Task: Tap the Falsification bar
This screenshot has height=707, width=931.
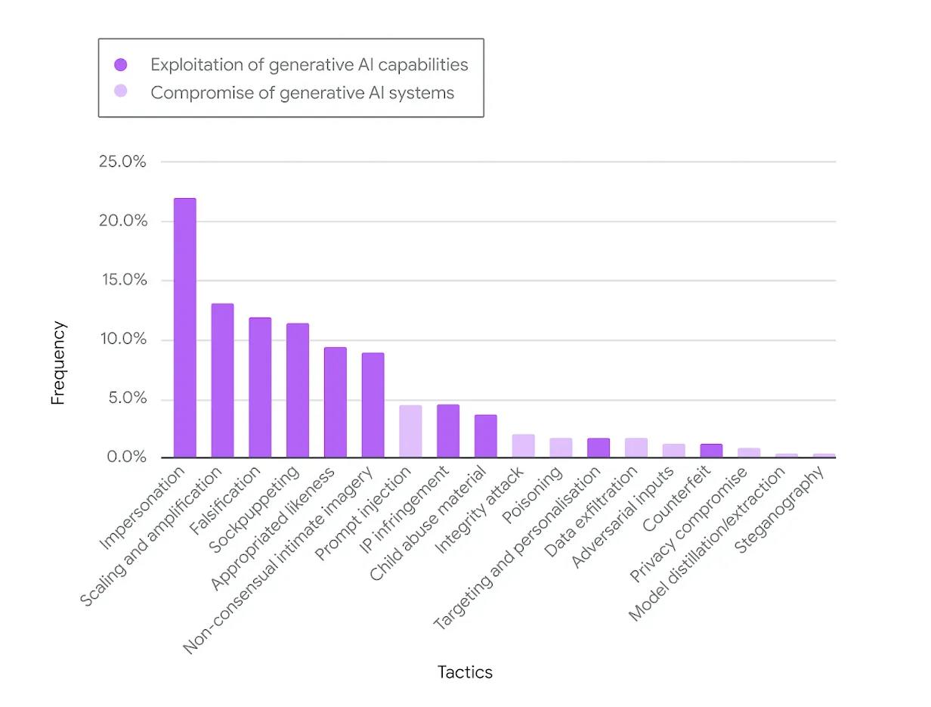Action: point(260,387)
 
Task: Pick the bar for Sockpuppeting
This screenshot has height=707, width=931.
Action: point(297,390)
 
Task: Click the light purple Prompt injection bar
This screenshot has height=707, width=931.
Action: point(410,431)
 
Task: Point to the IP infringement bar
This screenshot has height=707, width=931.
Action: point(448,431)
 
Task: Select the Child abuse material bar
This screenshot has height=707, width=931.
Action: point(485,436)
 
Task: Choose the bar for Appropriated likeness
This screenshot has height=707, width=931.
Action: point(335,402)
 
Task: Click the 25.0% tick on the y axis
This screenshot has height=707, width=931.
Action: point(122,162)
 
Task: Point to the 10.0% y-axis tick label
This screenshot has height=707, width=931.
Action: point(122,340)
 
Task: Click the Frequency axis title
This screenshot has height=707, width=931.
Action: point(58,363)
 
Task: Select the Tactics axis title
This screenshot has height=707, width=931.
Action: point(465,672)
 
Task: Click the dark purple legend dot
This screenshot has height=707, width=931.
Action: point(120,65)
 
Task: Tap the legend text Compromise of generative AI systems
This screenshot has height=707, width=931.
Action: point(302,93)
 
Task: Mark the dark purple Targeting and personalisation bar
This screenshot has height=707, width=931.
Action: point(598,448)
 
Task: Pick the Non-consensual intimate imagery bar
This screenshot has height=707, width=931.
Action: point(373,405)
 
